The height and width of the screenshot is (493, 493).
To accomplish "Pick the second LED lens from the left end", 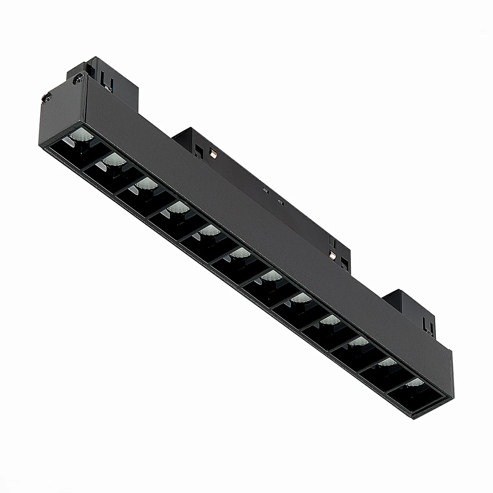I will point(112,159).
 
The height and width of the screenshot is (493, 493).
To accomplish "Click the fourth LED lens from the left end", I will point(177,210).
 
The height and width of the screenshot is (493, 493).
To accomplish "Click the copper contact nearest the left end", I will point(213,153).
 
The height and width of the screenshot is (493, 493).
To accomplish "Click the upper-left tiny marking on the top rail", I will point(265,190).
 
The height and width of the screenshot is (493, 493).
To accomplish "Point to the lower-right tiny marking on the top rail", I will point(280,202).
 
